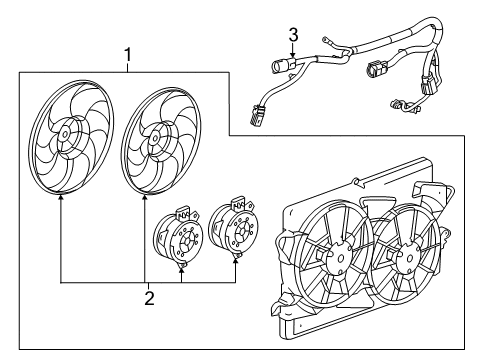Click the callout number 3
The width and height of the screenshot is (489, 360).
coord(293,37)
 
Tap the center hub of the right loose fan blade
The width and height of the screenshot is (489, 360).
coord(155,140)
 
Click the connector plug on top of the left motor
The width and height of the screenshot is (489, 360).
coord(184,215)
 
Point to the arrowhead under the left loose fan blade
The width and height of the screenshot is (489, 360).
coord(62,199)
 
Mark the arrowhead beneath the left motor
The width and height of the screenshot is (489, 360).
coord(181,267)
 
